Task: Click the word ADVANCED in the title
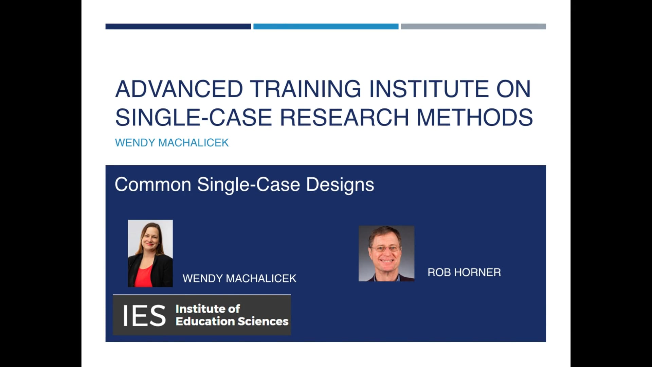pyautogui.click(x=179, y=89)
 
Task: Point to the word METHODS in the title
pyautogui.click(x=475, y=118)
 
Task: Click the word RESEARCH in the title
pyautogui.click(x=344, y=118)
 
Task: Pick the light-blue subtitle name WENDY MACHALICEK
pyautogui.click(x=172, y=143)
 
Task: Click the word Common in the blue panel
pyautogui.click(x=153, y=185)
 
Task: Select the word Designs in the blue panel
pyautogui.click(x=340, y=185)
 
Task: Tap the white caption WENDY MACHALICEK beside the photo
pyautogui.click(x=239, y=279)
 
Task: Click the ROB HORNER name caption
pyautogui.click(x=464, y=273)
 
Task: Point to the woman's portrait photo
pyautogui.click(x=150, y=253)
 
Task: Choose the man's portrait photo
pyautogui.click(x=386, y=254)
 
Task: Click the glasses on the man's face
pyautogui.click(x=386, y=249)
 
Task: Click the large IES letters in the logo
pyautogui.click(x=144, y=316)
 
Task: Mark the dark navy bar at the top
pyautogui.click(x=178, y=27)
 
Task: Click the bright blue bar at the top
pyautogui.click(x=326, y=27)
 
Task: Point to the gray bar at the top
pyautogui.click(x=473, y=27)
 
